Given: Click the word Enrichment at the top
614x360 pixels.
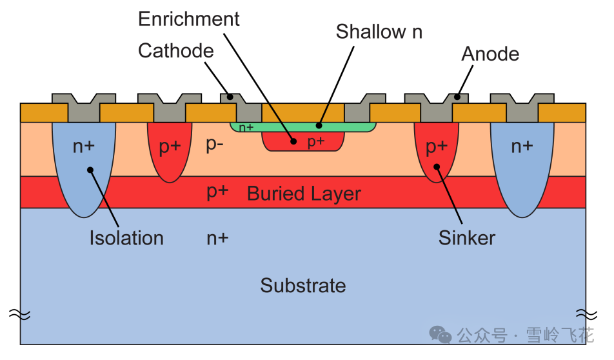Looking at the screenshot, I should [189, 19].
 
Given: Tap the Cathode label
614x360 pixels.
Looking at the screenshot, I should [175, 51].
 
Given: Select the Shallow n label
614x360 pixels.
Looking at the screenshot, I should [379, 32].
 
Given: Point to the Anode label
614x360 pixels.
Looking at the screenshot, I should [490, 54].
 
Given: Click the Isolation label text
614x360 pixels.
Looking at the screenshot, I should [126, 238].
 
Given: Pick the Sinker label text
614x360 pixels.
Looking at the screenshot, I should [467, 237].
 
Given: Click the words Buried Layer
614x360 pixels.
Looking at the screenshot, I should [304, 194].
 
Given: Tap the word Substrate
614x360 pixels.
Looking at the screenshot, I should [303, 285].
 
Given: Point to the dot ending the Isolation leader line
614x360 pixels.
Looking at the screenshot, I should [90, 170].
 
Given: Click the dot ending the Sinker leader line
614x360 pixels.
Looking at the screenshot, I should [437, 167].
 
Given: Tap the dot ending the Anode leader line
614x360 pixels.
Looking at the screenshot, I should [456, 97].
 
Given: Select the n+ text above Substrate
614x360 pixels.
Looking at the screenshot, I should [217, 238].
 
